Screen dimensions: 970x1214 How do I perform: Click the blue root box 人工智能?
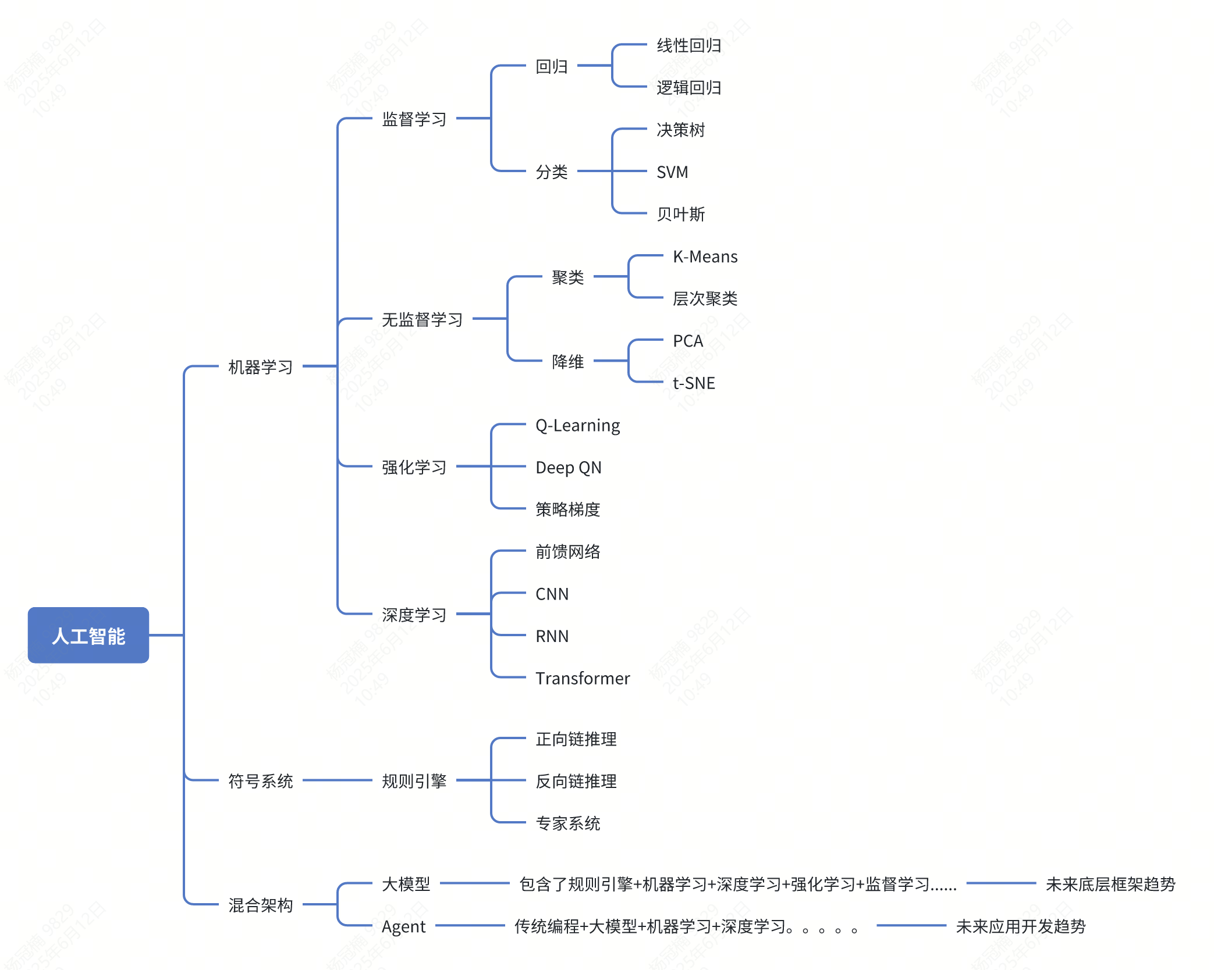coord(88,635)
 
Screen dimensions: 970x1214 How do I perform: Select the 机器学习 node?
coord(260,367)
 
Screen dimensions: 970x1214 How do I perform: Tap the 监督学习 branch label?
coord(414,119)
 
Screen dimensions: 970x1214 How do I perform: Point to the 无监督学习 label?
coord(422,319)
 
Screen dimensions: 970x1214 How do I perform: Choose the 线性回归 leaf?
coord(688,45)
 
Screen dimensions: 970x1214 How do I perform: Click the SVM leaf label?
coord(672,172)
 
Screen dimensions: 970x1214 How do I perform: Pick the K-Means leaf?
coord(705,256)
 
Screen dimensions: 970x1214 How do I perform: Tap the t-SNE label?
coord(694,383)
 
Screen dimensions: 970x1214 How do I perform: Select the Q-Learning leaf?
coord(577,426)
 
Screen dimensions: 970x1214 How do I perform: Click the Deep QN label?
coord(568,468)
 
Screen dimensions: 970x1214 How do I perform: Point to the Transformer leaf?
coord(583,679)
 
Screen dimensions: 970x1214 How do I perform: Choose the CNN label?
coord(552,594)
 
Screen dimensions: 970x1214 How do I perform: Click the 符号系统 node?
coord(260,781)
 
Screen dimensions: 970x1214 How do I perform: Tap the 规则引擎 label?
coord(414,781)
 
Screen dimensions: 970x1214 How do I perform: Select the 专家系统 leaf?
coord(567,823)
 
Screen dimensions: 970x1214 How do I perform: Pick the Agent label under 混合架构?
coord(403,926)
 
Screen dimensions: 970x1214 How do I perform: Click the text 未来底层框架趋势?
coord(1110,885)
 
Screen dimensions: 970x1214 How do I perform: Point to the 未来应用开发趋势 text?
coord(1020,926)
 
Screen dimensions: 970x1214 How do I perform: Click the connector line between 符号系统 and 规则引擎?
coord(338,780)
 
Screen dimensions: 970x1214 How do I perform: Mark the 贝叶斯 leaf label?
coord(680,214)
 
